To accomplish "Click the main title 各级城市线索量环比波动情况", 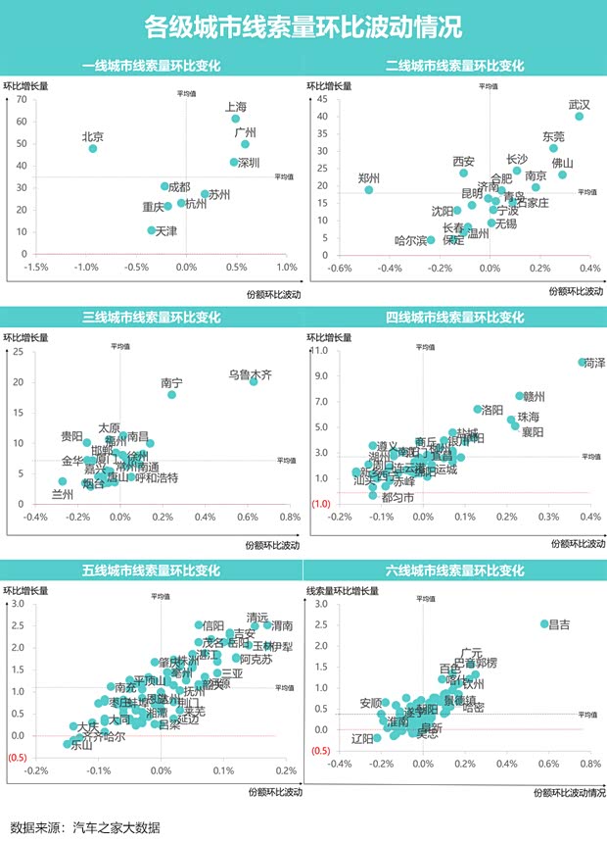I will (x=303, y=26).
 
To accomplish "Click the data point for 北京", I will (x=93, y=148).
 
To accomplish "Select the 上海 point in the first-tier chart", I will (x=235, y=119).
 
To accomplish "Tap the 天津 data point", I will (x=151, y=230).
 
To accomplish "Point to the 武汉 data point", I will (x=579, y=116).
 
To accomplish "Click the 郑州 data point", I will (x=369, y=189).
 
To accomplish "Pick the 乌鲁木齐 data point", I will (x=254, y=380).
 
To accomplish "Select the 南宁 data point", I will (x=171, y=394).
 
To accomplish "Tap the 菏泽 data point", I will (x=583, y=362).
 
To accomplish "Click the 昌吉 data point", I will (x=545, y=623).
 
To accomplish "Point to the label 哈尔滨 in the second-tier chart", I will (x=409, y=240).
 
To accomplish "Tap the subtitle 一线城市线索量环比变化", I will (x=151, y=67).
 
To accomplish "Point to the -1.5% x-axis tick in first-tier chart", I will (x=36, y=268).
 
